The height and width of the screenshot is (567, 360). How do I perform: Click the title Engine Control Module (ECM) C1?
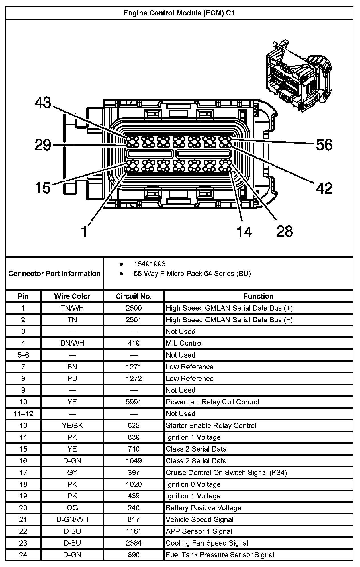pyautogui.click(x=179, y=13)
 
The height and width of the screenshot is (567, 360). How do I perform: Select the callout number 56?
pyautogui.click(x=324, y=145)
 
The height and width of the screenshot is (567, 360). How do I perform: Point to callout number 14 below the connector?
pyautogui.click(x=244, y=232)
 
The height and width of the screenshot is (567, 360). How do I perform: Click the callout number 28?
pyautogui.click(x=285, y=231)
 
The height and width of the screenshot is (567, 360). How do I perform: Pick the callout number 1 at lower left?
pyautogui.click(x=85, y=232)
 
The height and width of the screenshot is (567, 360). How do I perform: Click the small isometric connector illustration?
pyautogui.click(x=298, y=76)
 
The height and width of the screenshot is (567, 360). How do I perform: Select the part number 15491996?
pyautogui.click(x=150, y=264)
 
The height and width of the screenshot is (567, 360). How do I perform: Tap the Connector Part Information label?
pyautogui.click(x=54, y=274)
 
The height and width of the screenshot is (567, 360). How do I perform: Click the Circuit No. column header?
pyautogui.click(x=134, y=296)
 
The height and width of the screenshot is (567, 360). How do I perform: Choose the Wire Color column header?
pyautogui.click(x=72, y=296)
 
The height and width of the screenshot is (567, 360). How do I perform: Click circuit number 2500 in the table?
pyautogui.click(x=134, y=308)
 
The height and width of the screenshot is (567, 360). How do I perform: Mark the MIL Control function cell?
pyautogui.click(x=184, y=343)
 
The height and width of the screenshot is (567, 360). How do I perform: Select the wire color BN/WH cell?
pyautogui.click(x=72, y=343)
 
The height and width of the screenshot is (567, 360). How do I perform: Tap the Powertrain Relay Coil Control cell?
pyautogui.click(x=212, y=402)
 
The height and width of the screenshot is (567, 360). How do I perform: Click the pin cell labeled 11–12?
pyautogui.click(x=23, y=414)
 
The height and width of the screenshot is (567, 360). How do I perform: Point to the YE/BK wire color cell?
pyautogui.click(x=72, y=425)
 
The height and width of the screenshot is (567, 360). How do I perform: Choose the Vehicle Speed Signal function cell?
pyautogui.click(x=199, y=519)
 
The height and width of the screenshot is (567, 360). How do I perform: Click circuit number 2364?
pyautogui.click(x=134, y=543)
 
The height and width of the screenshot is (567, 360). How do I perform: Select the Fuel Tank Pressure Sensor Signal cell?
pyautogui.click(x=220, y=555)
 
